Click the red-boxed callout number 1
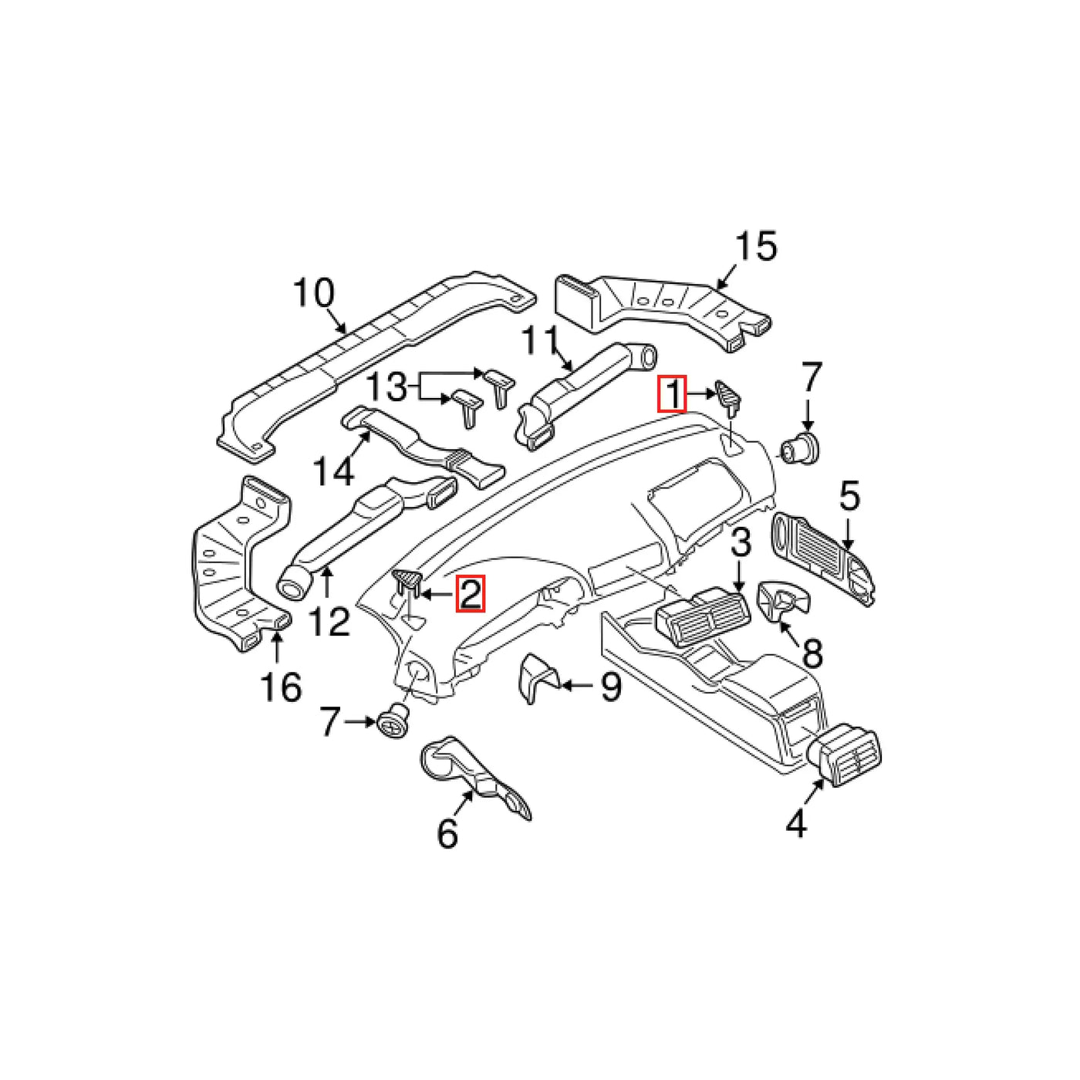tap(672, 394)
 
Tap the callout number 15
tap(756, 246)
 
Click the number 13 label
tap(386, 387)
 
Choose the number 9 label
tap(610, 686)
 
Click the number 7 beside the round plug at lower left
tap(330, 721)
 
